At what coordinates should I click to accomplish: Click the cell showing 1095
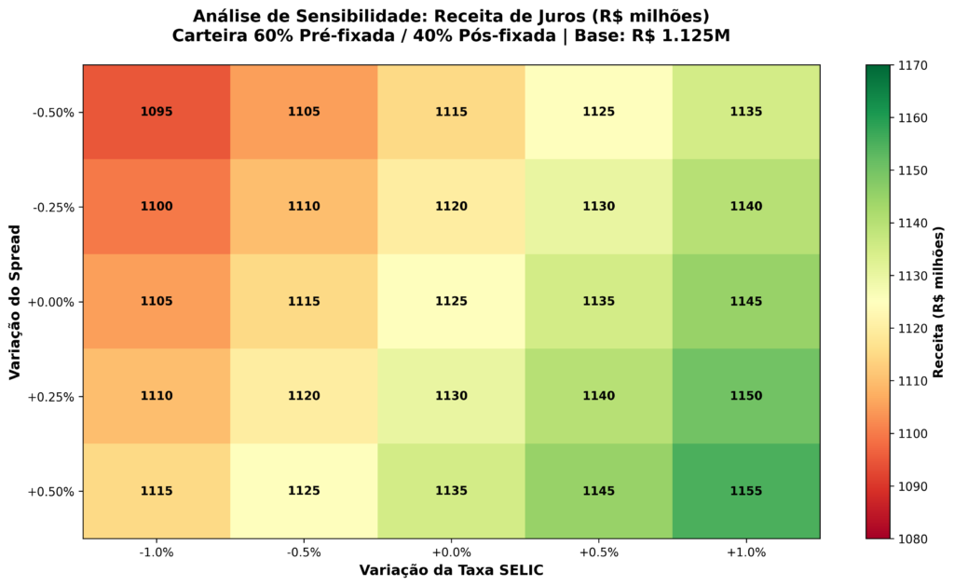(x=157, y=112)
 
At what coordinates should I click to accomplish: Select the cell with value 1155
(x=746, y=491)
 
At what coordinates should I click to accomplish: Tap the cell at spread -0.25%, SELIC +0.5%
(x=599, y=207)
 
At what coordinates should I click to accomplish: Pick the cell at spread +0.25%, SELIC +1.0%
(x=746, y=396)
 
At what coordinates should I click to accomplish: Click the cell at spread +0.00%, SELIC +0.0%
(x=451, y=302)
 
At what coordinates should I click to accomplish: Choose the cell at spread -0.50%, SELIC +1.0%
(x=746, y=112)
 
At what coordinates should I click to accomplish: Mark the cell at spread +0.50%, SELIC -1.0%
(x=157, y=491)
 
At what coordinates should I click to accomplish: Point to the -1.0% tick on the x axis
(x=157, y=552)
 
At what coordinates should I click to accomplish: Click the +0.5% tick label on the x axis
(x=599, y=552)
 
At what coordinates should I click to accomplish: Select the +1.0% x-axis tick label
(x=746, y=552)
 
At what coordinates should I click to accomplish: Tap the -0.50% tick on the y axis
(x=54, y=113)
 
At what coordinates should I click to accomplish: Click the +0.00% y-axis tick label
(x=53, y=302)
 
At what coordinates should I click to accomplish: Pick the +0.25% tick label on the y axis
(x=53, y=397)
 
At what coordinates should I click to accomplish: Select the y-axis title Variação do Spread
(x=16, y=302)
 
